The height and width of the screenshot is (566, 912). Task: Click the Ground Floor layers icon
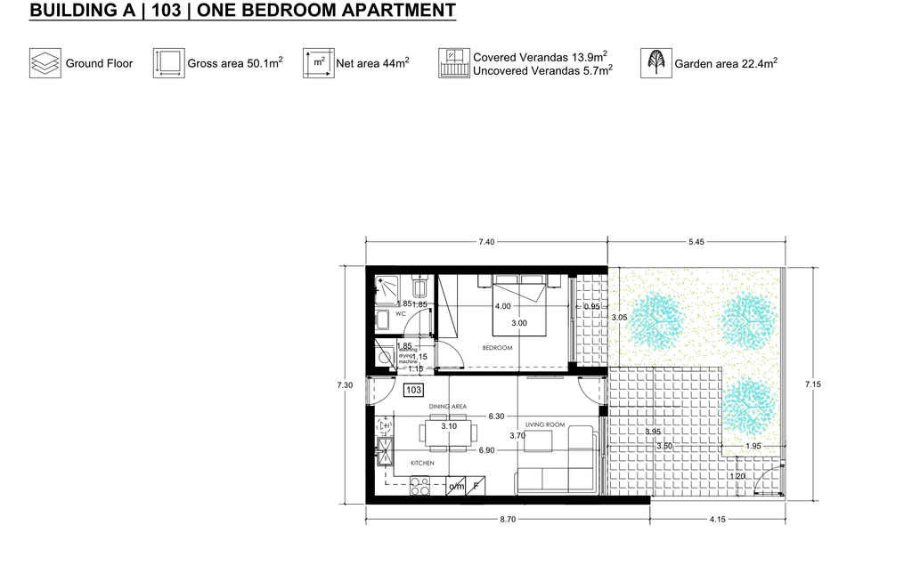point(44,63)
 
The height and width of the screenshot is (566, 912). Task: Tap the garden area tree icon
point(655,63)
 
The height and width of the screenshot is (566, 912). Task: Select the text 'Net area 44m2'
point(372,63)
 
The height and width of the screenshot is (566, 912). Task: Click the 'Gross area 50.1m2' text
point(234,63)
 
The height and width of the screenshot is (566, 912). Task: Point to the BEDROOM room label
point(497,348)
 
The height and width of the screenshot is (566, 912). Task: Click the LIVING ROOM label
point(545,424)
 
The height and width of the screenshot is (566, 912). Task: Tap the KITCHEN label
point(422,464)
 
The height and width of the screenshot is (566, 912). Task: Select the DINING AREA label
point(448,407)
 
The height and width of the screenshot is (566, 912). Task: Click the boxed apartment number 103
point(413,390)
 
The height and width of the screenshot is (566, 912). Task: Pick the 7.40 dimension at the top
point(486,242)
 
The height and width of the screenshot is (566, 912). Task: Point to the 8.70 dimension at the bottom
point(507,518)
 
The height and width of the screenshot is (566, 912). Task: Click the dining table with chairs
point(448,433)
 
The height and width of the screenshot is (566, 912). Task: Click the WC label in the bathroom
point(401,314)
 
